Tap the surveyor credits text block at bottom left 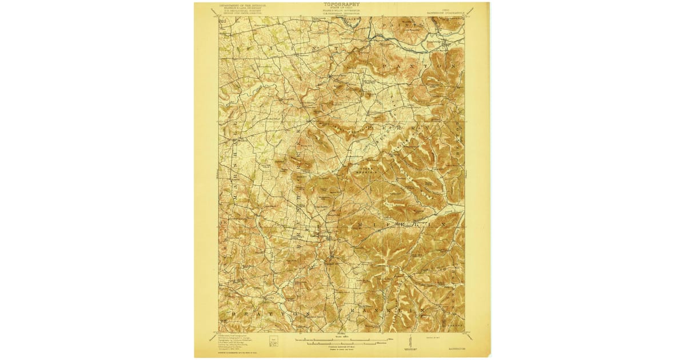coord(240,342)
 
